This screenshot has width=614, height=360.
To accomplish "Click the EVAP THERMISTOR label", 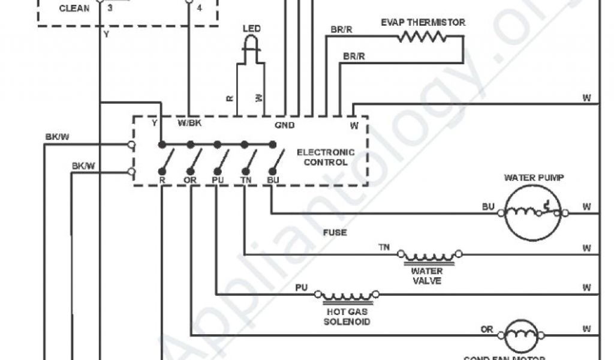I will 423,23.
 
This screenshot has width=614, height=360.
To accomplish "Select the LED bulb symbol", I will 252,44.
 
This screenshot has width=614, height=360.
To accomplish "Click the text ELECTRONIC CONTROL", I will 326,157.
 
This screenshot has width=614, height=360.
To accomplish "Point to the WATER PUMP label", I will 534,178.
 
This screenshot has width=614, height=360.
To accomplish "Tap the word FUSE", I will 335,232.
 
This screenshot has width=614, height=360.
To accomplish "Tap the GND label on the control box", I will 284,125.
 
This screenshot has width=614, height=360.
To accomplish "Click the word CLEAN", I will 74,8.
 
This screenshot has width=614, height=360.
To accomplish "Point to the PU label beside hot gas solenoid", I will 301,288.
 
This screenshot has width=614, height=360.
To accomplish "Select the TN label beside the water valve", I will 384,247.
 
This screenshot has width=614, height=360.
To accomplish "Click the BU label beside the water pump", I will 489,207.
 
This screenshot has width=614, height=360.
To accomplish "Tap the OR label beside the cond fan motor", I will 487,329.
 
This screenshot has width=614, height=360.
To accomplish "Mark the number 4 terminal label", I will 199,9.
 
